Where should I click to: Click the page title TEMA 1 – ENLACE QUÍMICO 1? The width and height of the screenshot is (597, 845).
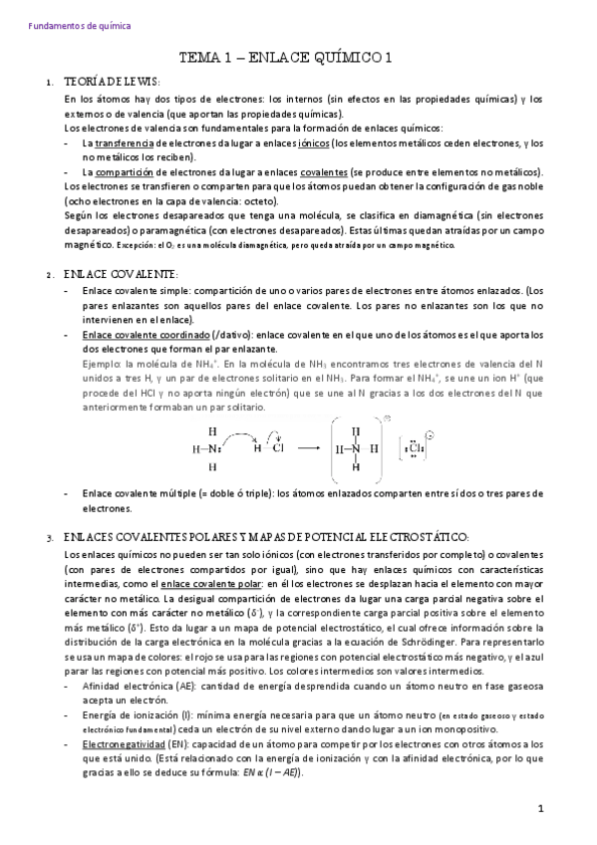click(x=297, y=59)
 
